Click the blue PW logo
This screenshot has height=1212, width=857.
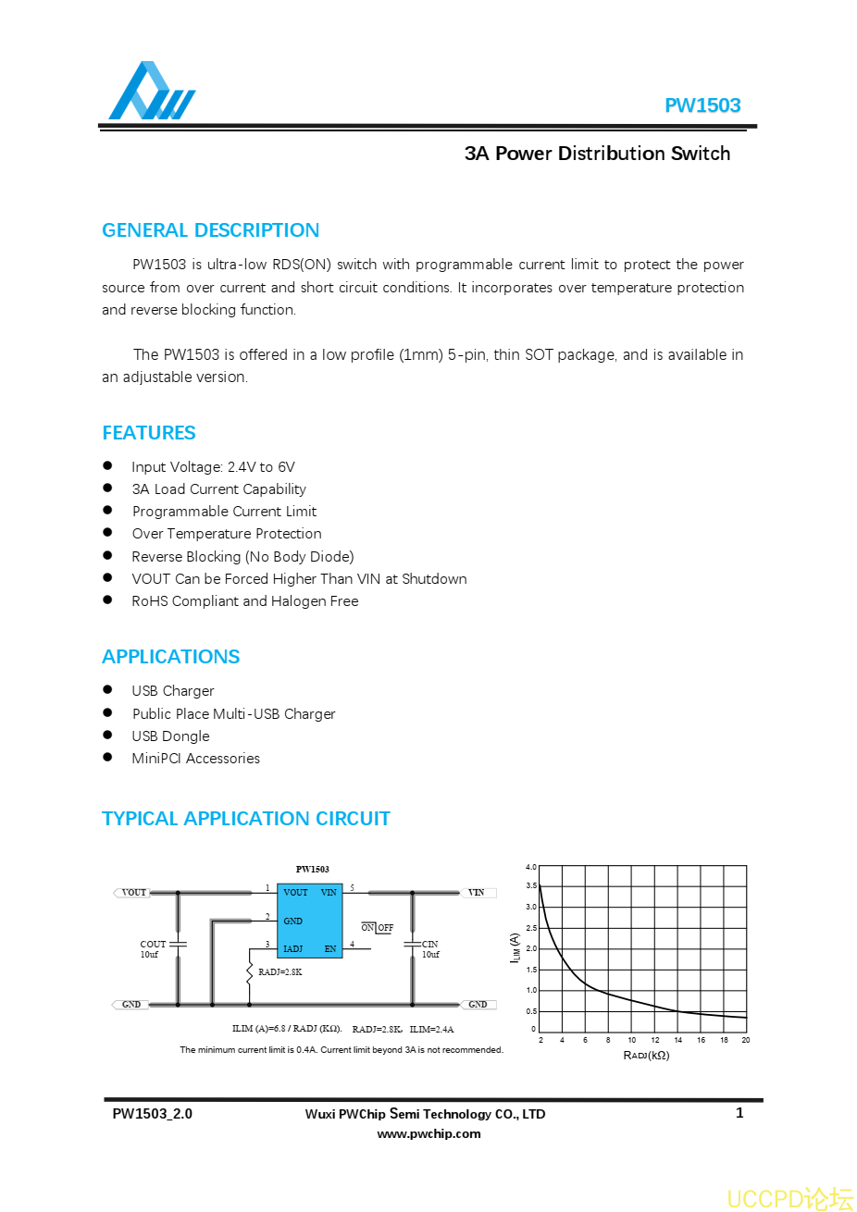(151, 92)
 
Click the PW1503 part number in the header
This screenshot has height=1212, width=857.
(702, 105)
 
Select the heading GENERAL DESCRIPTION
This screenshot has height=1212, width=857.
(210, 230)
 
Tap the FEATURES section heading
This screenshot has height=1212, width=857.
(148, 433)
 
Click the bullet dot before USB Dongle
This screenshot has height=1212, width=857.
(107, 735)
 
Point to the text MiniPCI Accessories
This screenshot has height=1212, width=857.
(195, 759)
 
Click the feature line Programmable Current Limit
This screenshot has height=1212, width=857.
(224, 512)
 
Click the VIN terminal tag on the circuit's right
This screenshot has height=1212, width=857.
(477, 893)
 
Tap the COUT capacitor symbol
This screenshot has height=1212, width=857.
(179, 944)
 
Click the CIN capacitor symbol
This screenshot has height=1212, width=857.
(412, 944)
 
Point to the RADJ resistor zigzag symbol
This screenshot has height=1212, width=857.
(249, 972)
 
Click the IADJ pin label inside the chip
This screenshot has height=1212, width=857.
(292, 948)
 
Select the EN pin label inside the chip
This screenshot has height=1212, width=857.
(330, 948)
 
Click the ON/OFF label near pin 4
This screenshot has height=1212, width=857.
(378, 928)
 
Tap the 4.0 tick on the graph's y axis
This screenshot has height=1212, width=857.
(531, 867)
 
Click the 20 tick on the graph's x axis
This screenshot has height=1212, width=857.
(746, 1040)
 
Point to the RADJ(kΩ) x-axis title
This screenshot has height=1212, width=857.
(646, 1056)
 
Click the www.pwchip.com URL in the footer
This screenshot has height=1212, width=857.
(428, 1133)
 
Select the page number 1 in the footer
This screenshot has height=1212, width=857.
(739, 1113)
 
